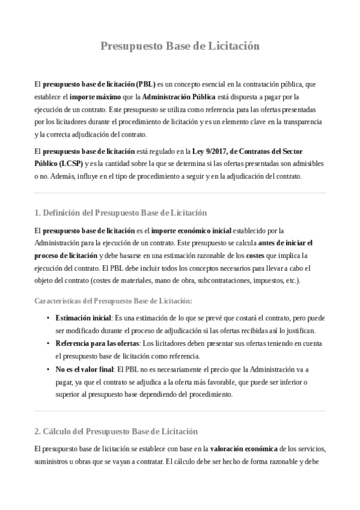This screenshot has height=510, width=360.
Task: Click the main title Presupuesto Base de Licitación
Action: pos(180,46)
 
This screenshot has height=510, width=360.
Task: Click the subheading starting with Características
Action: pos(113,301)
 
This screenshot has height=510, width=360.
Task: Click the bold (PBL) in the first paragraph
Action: pos(145,84)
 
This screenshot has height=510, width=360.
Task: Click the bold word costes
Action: pos(255,256)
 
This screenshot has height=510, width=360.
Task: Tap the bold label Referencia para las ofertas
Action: pos(96,343)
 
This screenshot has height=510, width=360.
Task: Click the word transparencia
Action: pos(301,121)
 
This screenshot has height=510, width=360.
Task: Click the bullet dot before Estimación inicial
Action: pos(47,318)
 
